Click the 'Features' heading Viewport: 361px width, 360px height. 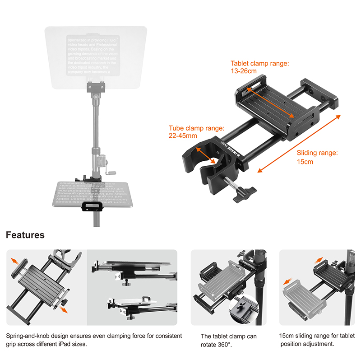(25, 235)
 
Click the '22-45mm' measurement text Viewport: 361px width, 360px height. (183, 136)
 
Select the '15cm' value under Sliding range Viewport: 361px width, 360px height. (305, 161)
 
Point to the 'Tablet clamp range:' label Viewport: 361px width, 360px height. (259, 63)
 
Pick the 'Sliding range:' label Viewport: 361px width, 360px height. (317, 153)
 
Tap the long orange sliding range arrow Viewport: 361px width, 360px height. (299, 143)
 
